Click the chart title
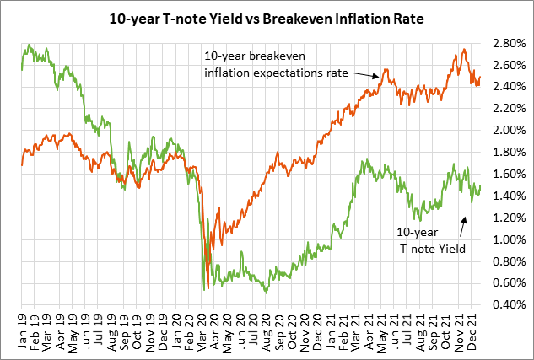267,16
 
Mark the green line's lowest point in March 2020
204,289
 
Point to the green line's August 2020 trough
267,292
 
